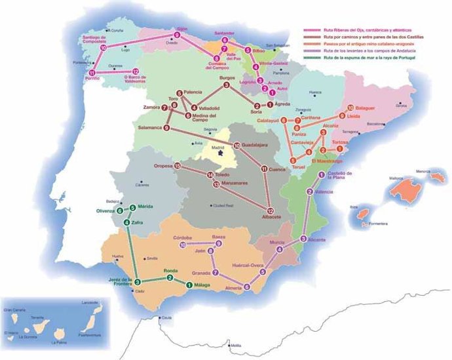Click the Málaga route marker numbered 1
(189, 285)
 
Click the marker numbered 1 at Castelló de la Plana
(321, 174)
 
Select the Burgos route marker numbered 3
(226, 85)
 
